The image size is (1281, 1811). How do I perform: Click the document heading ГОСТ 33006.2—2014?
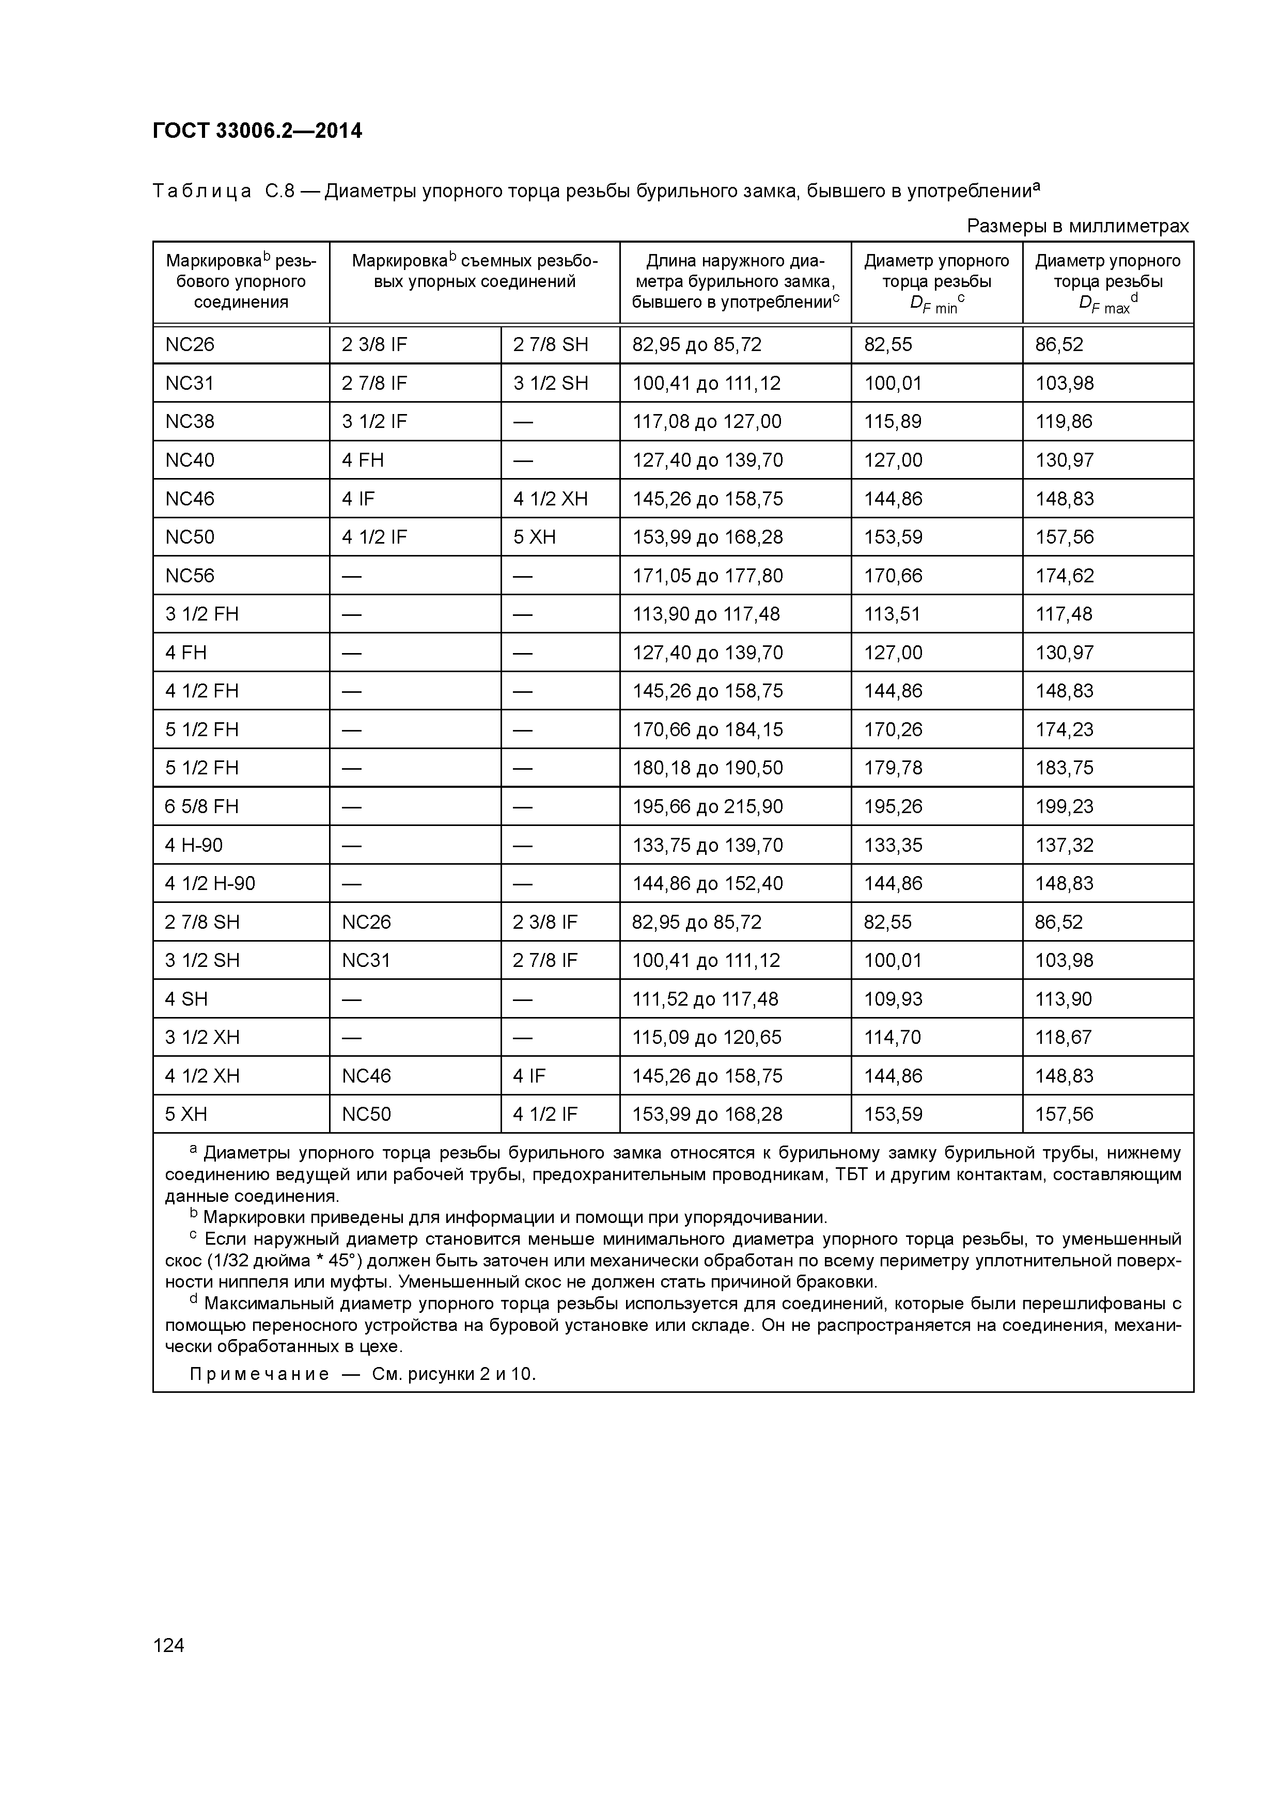[257, 131]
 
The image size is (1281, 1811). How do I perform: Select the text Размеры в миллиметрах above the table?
[1077, 226]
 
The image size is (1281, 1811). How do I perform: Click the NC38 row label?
[190, 421]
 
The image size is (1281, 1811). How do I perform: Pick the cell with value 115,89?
[893, 421]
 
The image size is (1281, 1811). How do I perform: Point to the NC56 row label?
[190, 576]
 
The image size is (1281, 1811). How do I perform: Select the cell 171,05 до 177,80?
[707, 576]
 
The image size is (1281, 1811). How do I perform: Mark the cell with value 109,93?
[893, 999]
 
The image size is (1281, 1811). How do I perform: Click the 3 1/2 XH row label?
[202, 1037]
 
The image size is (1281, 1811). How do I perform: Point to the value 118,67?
[1064, 1037]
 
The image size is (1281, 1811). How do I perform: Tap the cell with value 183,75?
[1064, 768]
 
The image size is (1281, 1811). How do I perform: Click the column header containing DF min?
[936, 282]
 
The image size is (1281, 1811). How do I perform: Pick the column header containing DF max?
[1107, 282]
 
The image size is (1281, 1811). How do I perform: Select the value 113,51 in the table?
[892, 614]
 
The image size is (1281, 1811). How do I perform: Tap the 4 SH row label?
[186, 999]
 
